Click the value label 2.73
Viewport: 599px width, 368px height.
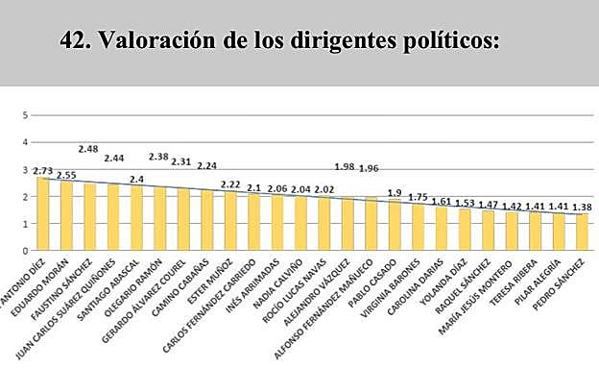coord(42,169)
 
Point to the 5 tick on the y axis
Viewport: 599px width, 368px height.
coord(26,115)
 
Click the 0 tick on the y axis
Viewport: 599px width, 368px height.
coord(26,251)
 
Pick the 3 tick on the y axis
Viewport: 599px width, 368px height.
coord(26,169)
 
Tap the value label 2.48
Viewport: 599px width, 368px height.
coord(88,149)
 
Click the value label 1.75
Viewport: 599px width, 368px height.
coord(416,197)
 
